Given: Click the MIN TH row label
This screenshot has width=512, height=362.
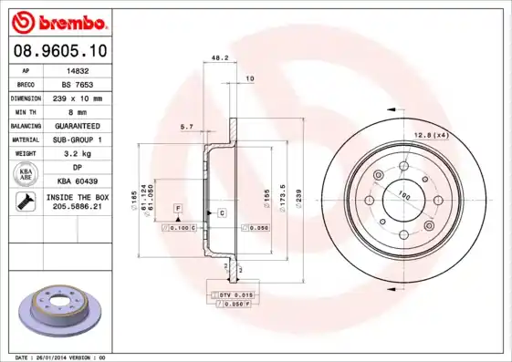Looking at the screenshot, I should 26,110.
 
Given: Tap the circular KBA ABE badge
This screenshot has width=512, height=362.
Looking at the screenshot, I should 26,173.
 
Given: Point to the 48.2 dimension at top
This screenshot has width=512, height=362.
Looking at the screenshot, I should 219,57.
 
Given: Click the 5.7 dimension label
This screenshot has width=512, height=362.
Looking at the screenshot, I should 186,126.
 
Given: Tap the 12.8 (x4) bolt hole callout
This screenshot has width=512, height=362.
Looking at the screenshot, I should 430,135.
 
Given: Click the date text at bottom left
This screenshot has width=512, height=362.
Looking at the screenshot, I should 61,357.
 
